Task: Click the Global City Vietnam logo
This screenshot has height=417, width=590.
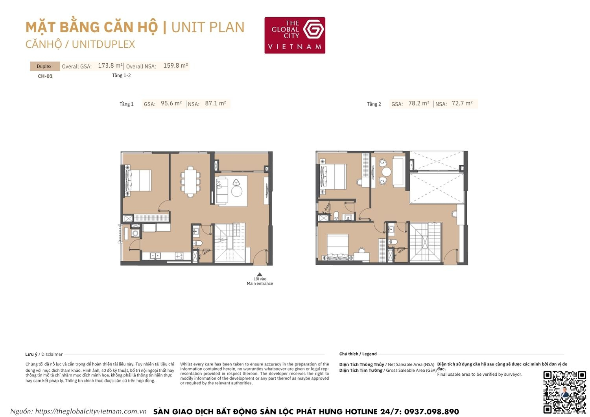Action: point(295,35)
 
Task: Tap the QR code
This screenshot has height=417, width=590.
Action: point(564,392)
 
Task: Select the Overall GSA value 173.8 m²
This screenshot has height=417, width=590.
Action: point(110,66)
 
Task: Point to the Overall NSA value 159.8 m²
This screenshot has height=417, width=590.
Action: point(175,66)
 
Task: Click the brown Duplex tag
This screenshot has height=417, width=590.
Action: point(44,66)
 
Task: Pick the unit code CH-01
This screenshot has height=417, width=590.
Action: point(45,76)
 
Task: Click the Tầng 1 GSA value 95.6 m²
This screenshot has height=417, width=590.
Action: point(171,103)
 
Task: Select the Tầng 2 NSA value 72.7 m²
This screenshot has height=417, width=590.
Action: point(462,103)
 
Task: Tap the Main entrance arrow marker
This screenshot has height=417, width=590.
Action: point(260,275)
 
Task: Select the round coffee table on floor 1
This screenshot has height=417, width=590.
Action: point(237,192)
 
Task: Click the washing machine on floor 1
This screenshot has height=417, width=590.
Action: point(135,234)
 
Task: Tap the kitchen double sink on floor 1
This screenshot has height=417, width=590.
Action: point(155,256)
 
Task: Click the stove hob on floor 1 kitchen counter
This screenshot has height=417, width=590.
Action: point(179,256)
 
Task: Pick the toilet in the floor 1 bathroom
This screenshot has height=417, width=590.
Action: point(198,243)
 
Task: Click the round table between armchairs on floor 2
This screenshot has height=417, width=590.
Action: point(386,172)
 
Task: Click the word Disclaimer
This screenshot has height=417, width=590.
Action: point(52,354)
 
